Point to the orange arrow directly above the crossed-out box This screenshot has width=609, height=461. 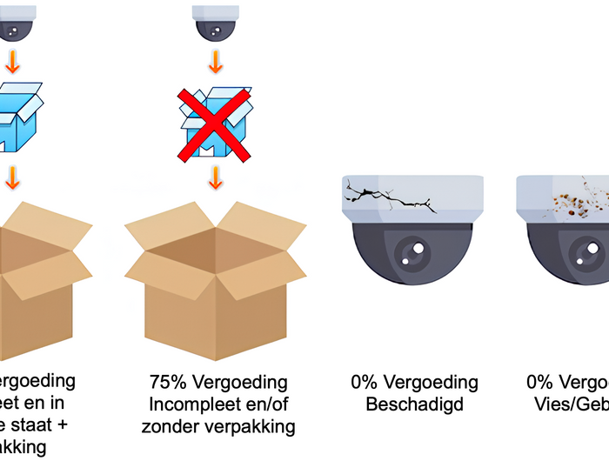click(x=215, y=64)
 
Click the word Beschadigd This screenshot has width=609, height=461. click(x=414, y=404)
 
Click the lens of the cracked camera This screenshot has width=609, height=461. click(x=412, y=253)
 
